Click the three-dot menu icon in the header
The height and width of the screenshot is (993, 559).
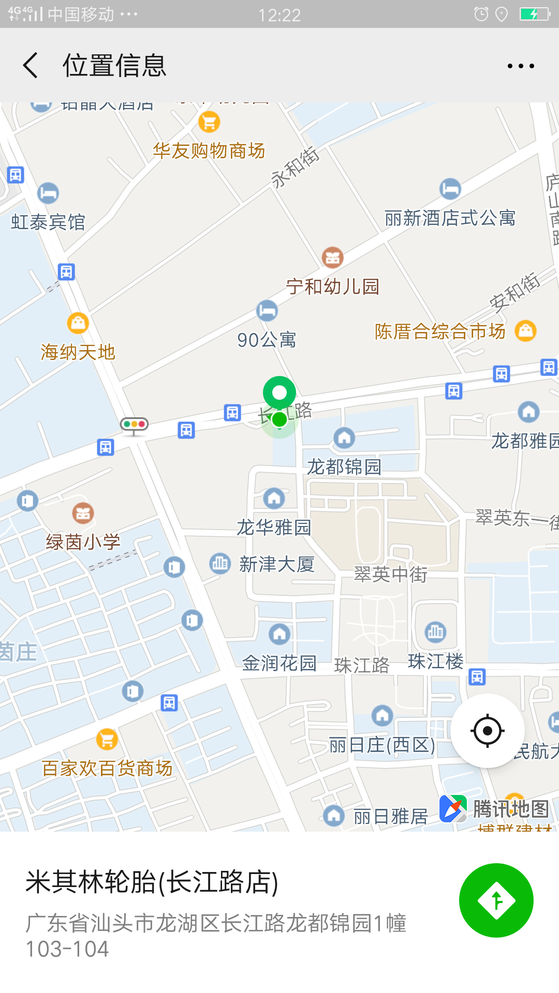(521, 66)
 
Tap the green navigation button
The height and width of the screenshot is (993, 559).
(496, 900)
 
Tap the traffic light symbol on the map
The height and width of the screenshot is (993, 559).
(134, 425)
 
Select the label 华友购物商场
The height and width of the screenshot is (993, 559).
(209, 151)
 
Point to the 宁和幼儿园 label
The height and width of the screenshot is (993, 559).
(333, 286)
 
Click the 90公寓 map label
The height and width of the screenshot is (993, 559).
(267, 340)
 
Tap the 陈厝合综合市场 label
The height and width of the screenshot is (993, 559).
(440, 332)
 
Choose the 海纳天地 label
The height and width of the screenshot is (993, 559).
(78, 352)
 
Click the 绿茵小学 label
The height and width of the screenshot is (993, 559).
(83, 541)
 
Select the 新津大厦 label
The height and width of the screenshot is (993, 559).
(276, 564)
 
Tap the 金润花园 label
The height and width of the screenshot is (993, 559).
(279, 663)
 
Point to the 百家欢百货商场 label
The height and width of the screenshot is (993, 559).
(107, 768)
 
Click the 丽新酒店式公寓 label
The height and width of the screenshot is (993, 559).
(450, 218)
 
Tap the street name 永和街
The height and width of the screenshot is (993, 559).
(295, 167)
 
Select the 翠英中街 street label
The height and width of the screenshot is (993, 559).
(390, 574)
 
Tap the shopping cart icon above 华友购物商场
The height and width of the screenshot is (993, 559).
(209, 123)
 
